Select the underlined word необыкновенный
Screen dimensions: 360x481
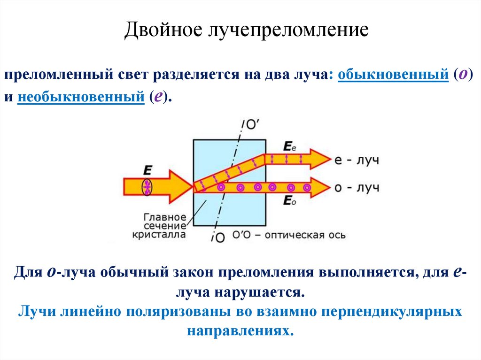tap(80, 97)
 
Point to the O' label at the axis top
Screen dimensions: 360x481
tap(253, 124)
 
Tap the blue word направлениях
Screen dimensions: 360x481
tap(240, 330)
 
